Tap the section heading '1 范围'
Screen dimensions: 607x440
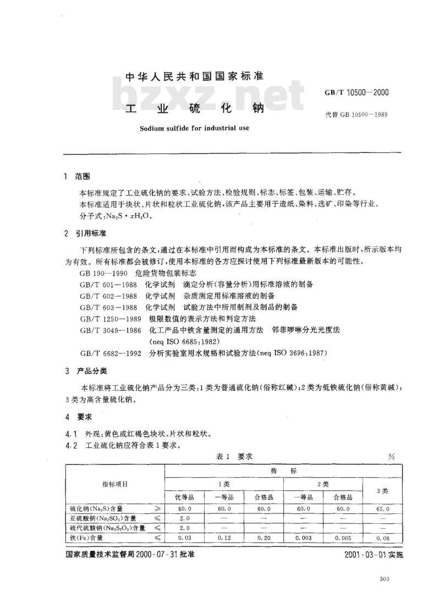(x=77, y=177)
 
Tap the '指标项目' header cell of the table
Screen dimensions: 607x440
(x=115, y=484)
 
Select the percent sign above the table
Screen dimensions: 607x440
(x=392, y=457)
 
